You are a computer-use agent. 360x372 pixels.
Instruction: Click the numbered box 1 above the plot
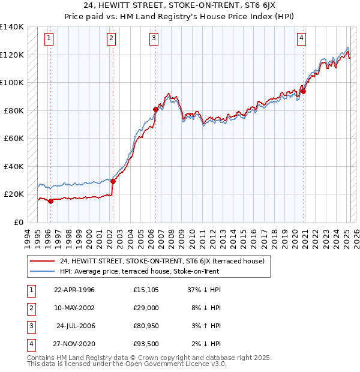click(x=49, y=39)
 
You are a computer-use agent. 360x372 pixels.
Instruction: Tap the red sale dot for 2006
click(x=156, y=109)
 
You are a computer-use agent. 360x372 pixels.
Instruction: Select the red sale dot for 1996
click(x=50, y=201)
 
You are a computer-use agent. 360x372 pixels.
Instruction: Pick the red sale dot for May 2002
click(x=113, y=182)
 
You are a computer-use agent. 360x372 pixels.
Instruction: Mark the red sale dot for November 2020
click(x=303, y=92)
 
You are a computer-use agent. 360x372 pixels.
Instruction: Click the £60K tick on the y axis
click(x=14, y=138)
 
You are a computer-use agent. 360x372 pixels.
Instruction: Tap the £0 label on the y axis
click(x=19, y=222)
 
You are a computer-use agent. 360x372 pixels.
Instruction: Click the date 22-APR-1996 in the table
click(x=74, y=290)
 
